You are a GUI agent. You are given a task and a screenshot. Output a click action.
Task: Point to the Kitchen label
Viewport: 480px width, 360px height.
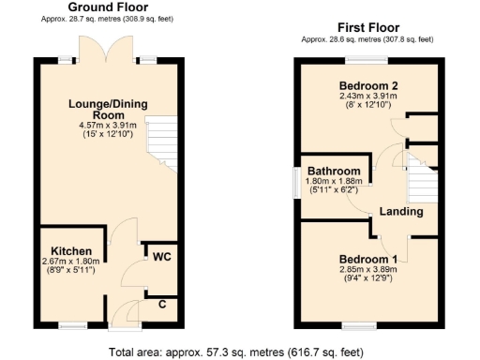click(72, 251)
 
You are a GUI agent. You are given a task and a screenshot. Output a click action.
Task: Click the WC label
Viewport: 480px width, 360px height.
click(160, 257)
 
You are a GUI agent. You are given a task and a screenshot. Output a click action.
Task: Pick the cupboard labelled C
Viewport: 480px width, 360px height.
click(162, 304)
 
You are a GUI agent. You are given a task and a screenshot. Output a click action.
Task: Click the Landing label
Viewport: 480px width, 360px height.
click(401, 212)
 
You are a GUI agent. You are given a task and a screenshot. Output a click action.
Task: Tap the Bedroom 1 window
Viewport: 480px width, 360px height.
click(355, 325)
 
